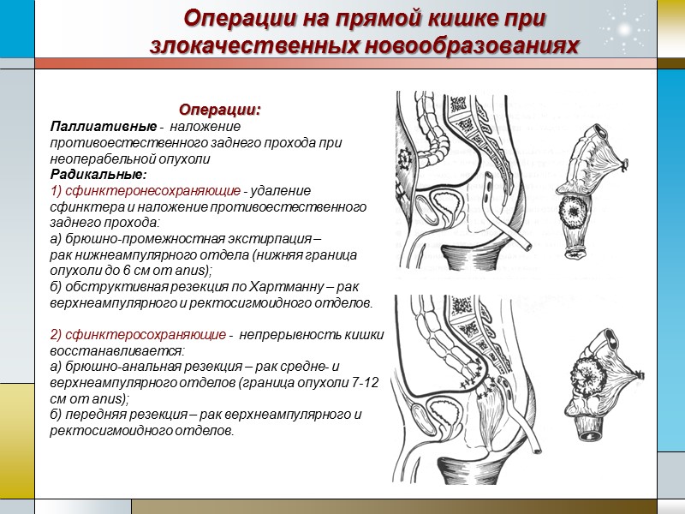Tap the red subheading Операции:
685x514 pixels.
(x=219, y=111)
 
